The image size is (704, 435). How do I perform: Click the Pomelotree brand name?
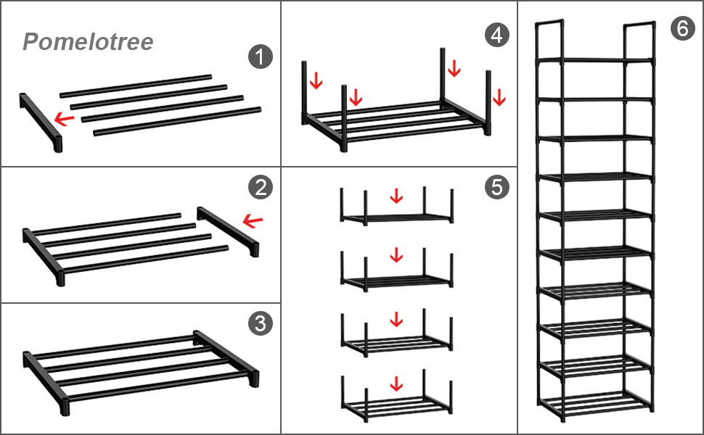point(88,42)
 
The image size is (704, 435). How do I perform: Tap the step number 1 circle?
point(260,56)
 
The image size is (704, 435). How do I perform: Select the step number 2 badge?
point(260,188)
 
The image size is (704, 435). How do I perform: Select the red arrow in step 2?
point(253,220)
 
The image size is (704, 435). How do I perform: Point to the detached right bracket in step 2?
point(227,232)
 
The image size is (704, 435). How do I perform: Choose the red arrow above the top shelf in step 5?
point(396,195)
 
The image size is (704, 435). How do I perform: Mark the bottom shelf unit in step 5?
point(396,402)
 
